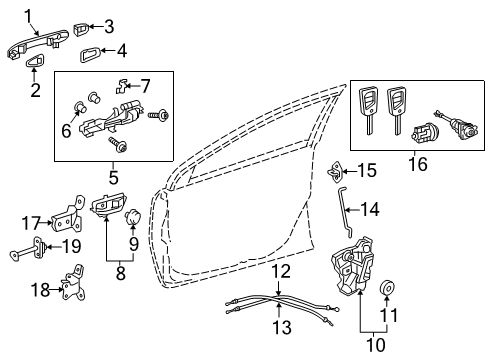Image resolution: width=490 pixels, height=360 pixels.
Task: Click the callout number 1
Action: pyautogui.click(x=30, y=15)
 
